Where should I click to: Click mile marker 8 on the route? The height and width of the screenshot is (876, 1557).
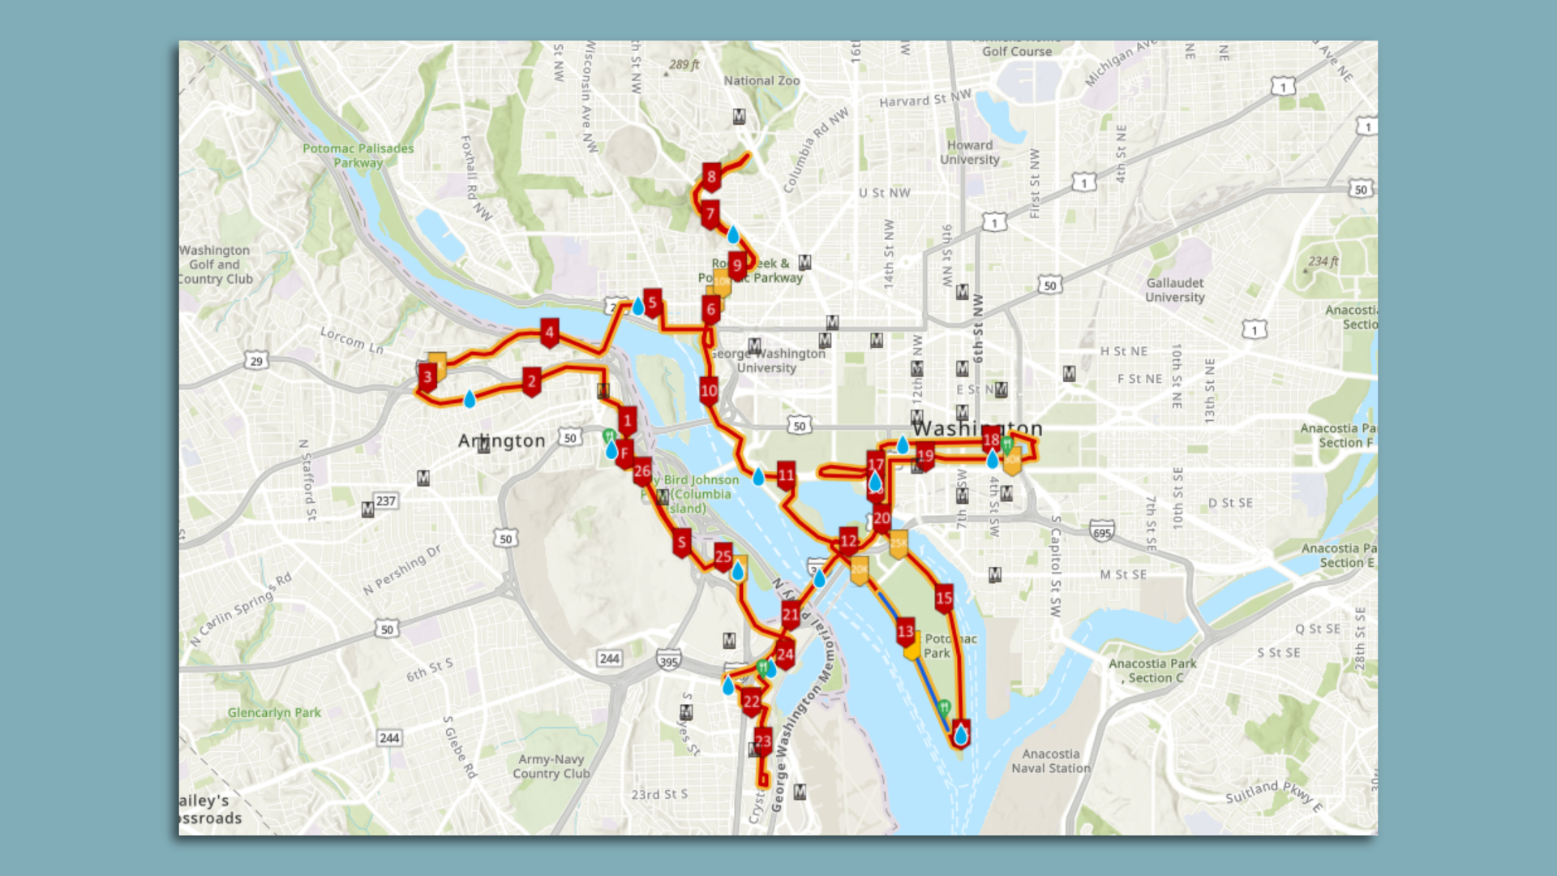pos(711,177)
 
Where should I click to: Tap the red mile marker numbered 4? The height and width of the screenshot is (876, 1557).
pos(549,332)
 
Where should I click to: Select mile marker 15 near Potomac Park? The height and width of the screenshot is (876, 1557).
pos(943,599)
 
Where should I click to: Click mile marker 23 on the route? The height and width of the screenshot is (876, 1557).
pos(762,741)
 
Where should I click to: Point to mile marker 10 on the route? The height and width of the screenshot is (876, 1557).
pos(709,391)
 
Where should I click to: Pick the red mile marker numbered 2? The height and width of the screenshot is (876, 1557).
pos(531,380)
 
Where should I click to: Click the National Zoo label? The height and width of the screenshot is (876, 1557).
pos(761,80)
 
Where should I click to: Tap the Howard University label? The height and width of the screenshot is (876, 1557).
pos(969,152)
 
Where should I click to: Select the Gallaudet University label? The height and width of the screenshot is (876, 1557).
pos(1174,290)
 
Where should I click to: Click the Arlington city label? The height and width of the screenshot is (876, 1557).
pos(501,440)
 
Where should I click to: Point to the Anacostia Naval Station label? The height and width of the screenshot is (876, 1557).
pos(1050,761)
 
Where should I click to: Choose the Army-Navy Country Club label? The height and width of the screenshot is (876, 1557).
pos(551,766)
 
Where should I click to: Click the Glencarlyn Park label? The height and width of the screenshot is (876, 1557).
pos(274,712)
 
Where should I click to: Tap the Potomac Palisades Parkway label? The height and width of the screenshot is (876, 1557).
pos(358,155)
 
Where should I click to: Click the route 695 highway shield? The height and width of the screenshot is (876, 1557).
pos(1101,532)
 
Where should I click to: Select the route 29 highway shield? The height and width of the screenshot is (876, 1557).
pos(256,361)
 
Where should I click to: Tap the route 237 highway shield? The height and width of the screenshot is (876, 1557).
pos(386,501)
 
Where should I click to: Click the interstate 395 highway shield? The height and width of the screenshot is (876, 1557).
pos(668,662)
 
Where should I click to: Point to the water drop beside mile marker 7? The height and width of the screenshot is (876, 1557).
pos(733,235)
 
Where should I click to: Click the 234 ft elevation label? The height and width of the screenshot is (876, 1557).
pos(1323,261)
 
